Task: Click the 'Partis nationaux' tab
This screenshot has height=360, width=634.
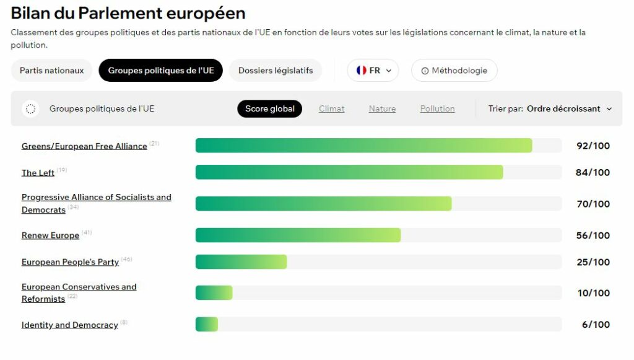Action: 51,71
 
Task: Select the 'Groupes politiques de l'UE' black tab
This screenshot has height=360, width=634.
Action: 161,71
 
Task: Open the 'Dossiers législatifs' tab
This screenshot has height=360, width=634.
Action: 276,71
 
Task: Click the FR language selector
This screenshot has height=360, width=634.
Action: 373,71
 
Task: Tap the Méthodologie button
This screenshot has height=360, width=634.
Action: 454,71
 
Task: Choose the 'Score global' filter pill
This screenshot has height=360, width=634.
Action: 270,108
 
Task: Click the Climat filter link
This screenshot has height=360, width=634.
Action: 332,108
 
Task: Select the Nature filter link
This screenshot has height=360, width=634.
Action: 382,108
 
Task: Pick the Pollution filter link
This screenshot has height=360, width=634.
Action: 437,108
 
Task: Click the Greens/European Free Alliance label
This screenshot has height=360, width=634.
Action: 84,146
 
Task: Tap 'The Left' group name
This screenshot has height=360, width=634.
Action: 38,173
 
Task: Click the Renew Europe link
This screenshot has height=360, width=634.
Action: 50,235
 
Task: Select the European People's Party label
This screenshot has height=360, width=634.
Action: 70,262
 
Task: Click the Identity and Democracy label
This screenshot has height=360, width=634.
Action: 69,325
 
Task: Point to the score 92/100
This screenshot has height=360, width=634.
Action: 593,146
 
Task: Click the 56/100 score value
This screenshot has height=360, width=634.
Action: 593,235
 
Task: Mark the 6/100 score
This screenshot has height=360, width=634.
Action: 596,325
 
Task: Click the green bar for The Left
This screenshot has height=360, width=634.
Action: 349,172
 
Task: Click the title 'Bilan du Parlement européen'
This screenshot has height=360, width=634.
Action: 128,13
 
